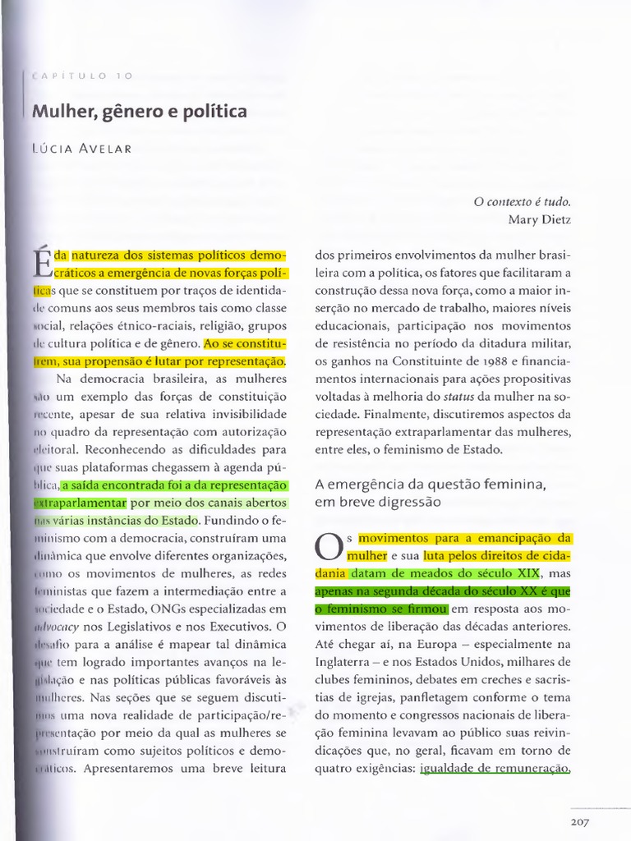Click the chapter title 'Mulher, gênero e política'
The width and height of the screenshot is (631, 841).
[x=140, y=111]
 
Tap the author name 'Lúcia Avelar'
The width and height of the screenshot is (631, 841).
[x=80, y=149]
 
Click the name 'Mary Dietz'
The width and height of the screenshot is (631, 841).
[x=539, y=219]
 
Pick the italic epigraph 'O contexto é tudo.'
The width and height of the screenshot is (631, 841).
[x=522, y=201]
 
